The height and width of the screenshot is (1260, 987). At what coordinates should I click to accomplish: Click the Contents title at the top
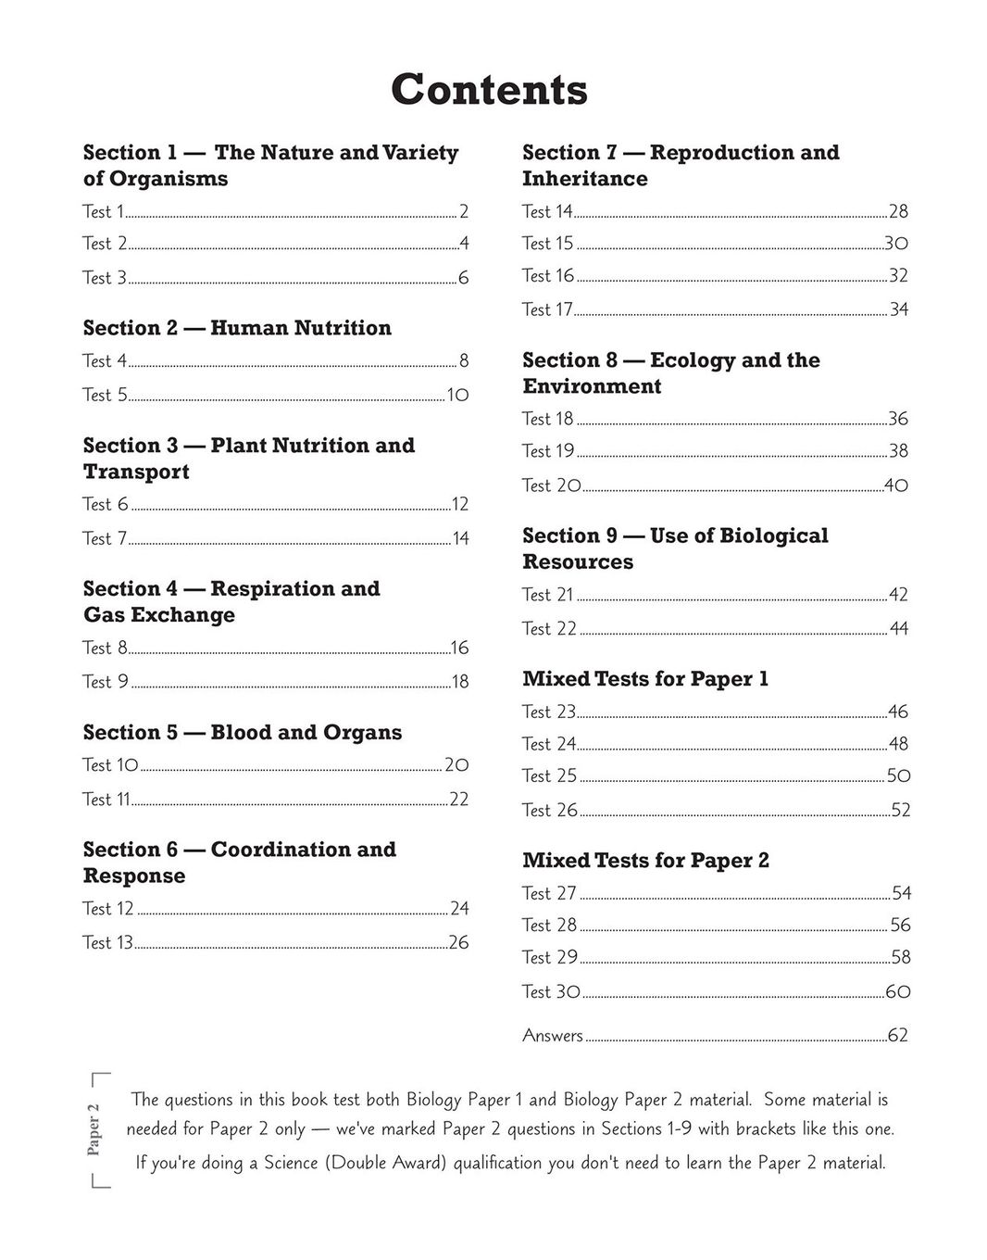pos(489,90)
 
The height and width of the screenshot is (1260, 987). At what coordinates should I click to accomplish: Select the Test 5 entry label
pos(104,395)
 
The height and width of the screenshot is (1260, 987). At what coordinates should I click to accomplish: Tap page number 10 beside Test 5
pos(457,396)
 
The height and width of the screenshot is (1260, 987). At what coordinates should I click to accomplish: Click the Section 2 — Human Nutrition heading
pos(237,328)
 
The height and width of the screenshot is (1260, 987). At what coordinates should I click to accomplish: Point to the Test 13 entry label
pos(107,942)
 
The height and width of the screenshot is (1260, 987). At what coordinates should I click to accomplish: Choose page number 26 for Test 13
pos(458,943)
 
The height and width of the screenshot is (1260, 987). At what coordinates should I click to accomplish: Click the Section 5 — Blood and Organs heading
pos(243,733)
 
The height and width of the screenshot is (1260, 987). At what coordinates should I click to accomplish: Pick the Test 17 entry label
pos(547,309)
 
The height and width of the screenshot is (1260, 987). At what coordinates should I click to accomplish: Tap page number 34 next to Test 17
pos(899,309)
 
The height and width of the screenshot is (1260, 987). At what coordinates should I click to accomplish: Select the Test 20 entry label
pos(551,485)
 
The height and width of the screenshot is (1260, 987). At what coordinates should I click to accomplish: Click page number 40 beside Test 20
pos(896,485)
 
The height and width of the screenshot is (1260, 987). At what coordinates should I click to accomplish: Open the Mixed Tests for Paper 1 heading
pos(645,679)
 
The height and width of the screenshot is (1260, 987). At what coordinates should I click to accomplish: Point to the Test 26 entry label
pos(549,810)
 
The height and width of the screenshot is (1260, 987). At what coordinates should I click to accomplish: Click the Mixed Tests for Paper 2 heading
pos(645,861)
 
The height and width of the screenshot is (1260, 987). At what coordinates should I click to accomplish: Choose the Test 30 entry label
pos(551,991)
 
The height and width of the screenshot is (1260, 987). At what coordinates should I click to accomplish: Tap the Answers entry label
pos(553,1036)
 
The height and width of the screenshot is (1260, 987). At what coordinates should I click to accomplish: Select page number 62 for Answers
pos(898,1036)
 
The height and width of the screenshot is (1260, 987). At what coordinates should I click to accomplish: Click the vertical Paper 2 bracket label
pos(94,1129)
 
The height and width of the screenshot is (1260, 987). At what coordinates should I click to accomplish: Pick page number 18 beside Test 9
pos(460,682)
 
